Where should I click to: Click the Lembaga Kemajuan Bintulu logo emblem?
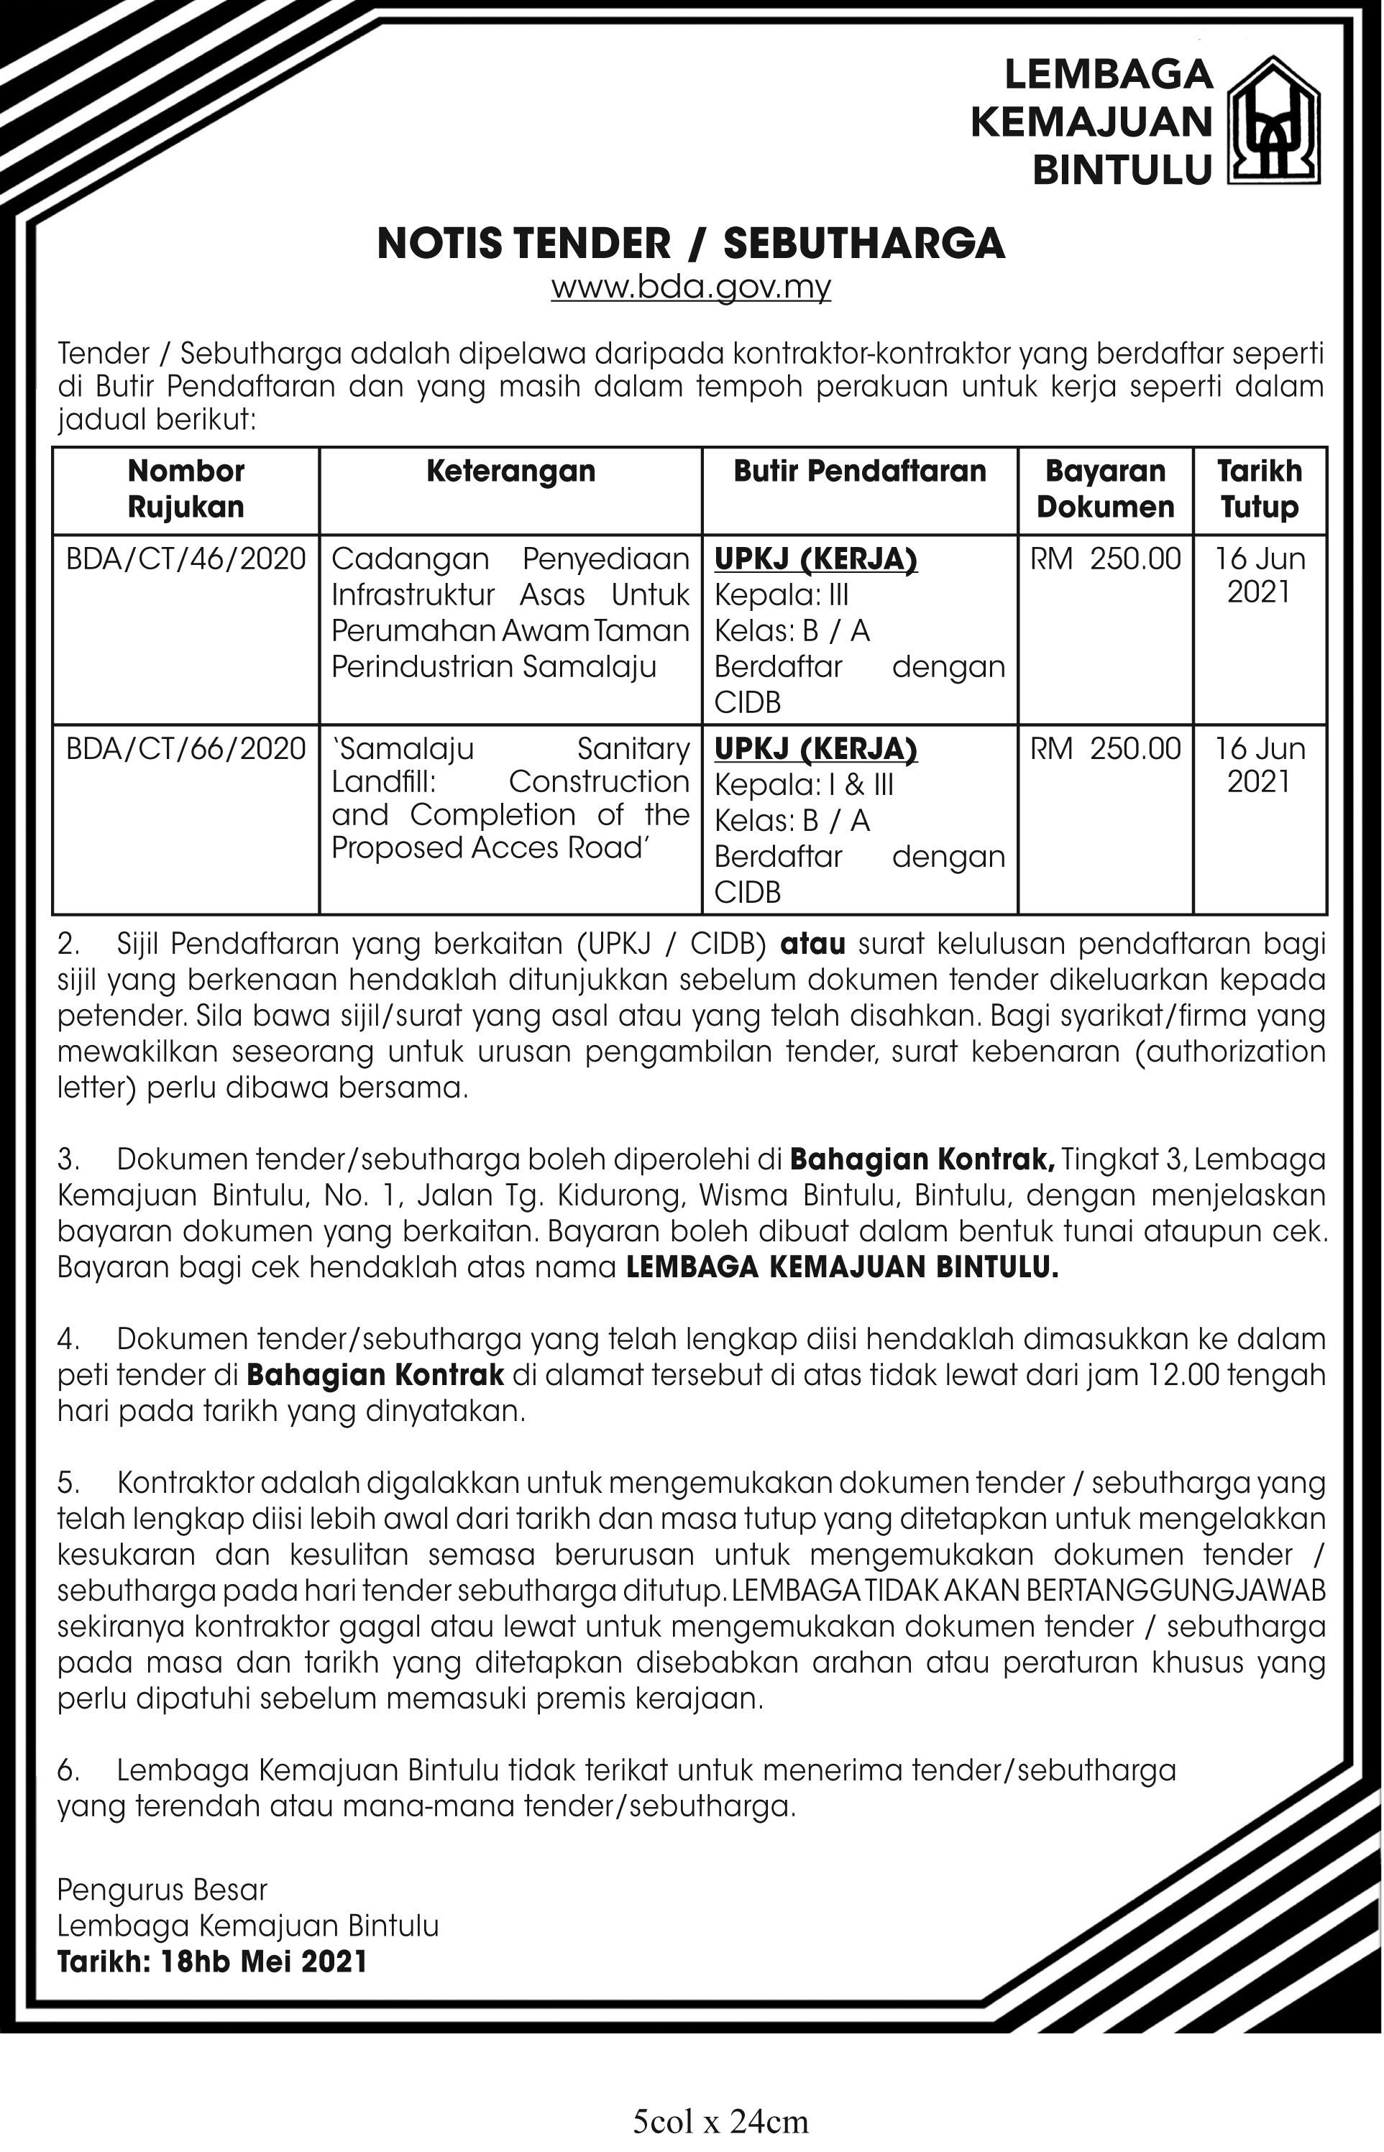coord(1274,121)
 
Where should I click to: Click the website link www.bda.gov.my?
coord(690,288)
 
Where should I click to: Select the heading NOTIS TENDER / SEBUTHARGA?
coord(690,244)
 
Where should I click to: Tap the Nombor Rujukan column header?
coord(186,489)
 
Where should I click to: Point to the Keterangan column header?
coord(510,471)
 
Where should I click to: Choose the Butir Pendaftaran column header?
coord(859,471)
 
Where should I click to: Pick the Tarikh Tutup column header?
coord(1259,489)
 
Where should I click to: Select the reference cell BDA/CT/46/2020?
coord(186,559)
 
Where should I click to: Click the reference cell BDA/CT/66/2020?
coord(186,748)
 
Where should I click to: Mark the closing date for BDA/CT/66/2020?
coord(1259,765)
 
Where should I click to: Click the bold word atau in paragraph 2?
coord(813,944)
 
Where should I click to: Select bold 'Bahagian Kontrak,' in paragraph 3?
coord(922,1160)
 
